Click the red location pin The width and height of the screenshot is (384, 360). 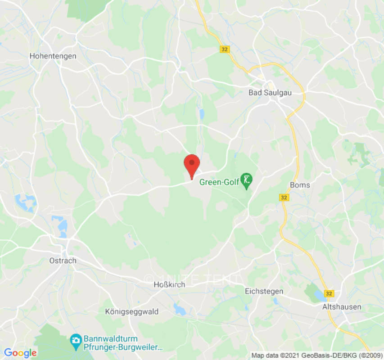192,164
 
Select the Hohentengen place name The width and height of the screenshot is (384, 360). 53,56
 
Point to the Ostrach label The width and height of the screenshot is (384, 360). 63,261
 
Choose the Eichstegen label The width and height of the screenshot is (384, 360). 264,291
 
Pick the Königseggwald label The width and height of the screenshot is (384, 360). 131,311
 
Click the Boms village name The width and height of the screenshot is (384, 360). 300,185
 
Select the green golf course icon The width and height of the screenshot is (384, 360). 246,180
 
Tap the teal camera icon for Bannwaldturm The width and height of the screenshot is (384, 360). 76,339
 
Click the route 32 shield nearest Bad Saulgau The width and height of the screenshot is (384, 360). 225,49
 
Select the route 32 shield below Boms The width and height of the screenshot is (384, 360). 284,198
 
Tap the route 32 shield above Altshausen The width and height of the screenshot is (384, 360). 329,293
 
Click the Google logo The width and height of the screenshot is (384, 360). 20,353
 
